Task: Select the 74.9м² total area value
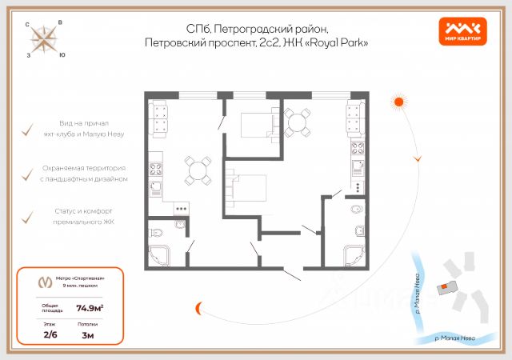pos(89,306)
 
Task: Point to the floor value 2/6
pos(50,335)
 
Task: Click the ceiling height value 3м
pos(88,335)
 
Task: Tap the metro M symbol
pos(43,282)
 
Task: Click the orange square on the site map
pos(439,286)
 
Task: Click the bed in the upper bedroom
pos(258,124)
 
